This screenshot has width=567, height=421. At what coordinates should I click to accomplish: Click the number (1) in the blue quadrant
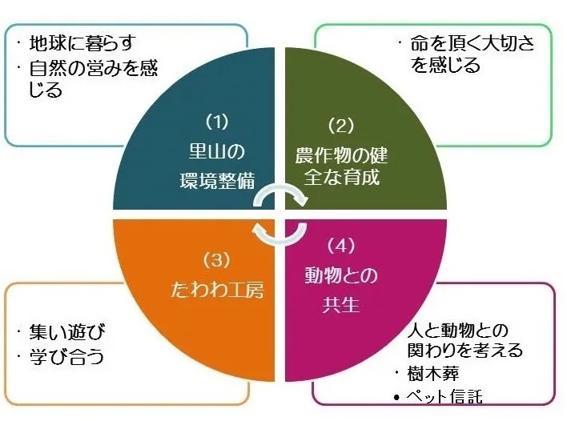[217, 122]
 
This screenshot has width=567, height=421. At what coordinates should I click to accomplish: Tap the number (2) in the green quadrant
[341, 125]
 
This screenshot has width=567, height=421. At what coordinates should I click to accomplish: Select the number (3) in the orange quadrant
[216, 260]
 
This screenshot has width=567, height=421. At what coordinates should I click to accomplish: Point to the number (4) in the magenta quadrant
[340, 246]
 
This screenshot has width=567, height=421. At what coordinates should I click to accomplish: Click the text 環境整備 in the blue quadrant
[217, 180]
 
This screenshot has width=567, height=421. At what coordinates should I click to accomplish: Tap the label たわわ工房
[217, 290]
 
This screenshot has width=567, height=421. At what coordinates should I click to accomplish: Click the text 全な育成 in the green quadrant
[341, 177]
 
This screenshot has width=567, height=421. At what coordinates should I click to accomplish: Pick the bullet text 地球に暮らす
[82, 43]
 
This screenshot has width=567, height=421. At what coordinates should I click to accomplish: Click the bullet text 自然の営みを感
[93, 67]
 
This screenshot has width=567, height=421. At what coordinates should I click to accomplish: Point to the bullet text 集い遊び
[67, 331]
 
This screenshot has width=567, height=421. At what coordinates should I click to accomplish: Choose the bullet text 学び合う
[67, 357]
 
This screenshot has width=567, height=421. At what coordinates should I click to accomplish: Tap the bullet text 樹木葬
[433, 374]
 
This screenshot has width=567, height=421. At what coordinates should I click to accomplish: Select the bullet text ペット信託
[444, 396]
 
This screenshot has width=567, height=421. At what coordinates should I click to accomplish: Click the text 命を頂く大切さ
[472, 43]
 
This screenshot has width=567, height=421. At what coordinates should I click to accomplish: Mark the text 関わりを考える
[465, 350]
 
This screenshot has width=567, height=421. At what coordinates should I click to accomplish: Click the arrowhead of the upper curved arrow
[302, 201]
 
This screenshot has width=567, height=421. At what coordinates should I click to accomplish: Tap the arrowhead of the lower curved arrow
[257, 230]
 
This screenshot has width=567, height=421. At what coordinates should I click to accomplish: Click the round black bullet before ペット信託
[397, 398]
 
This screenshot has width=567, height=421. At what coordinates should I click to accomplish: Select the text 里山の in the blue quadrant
[217, 151]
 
